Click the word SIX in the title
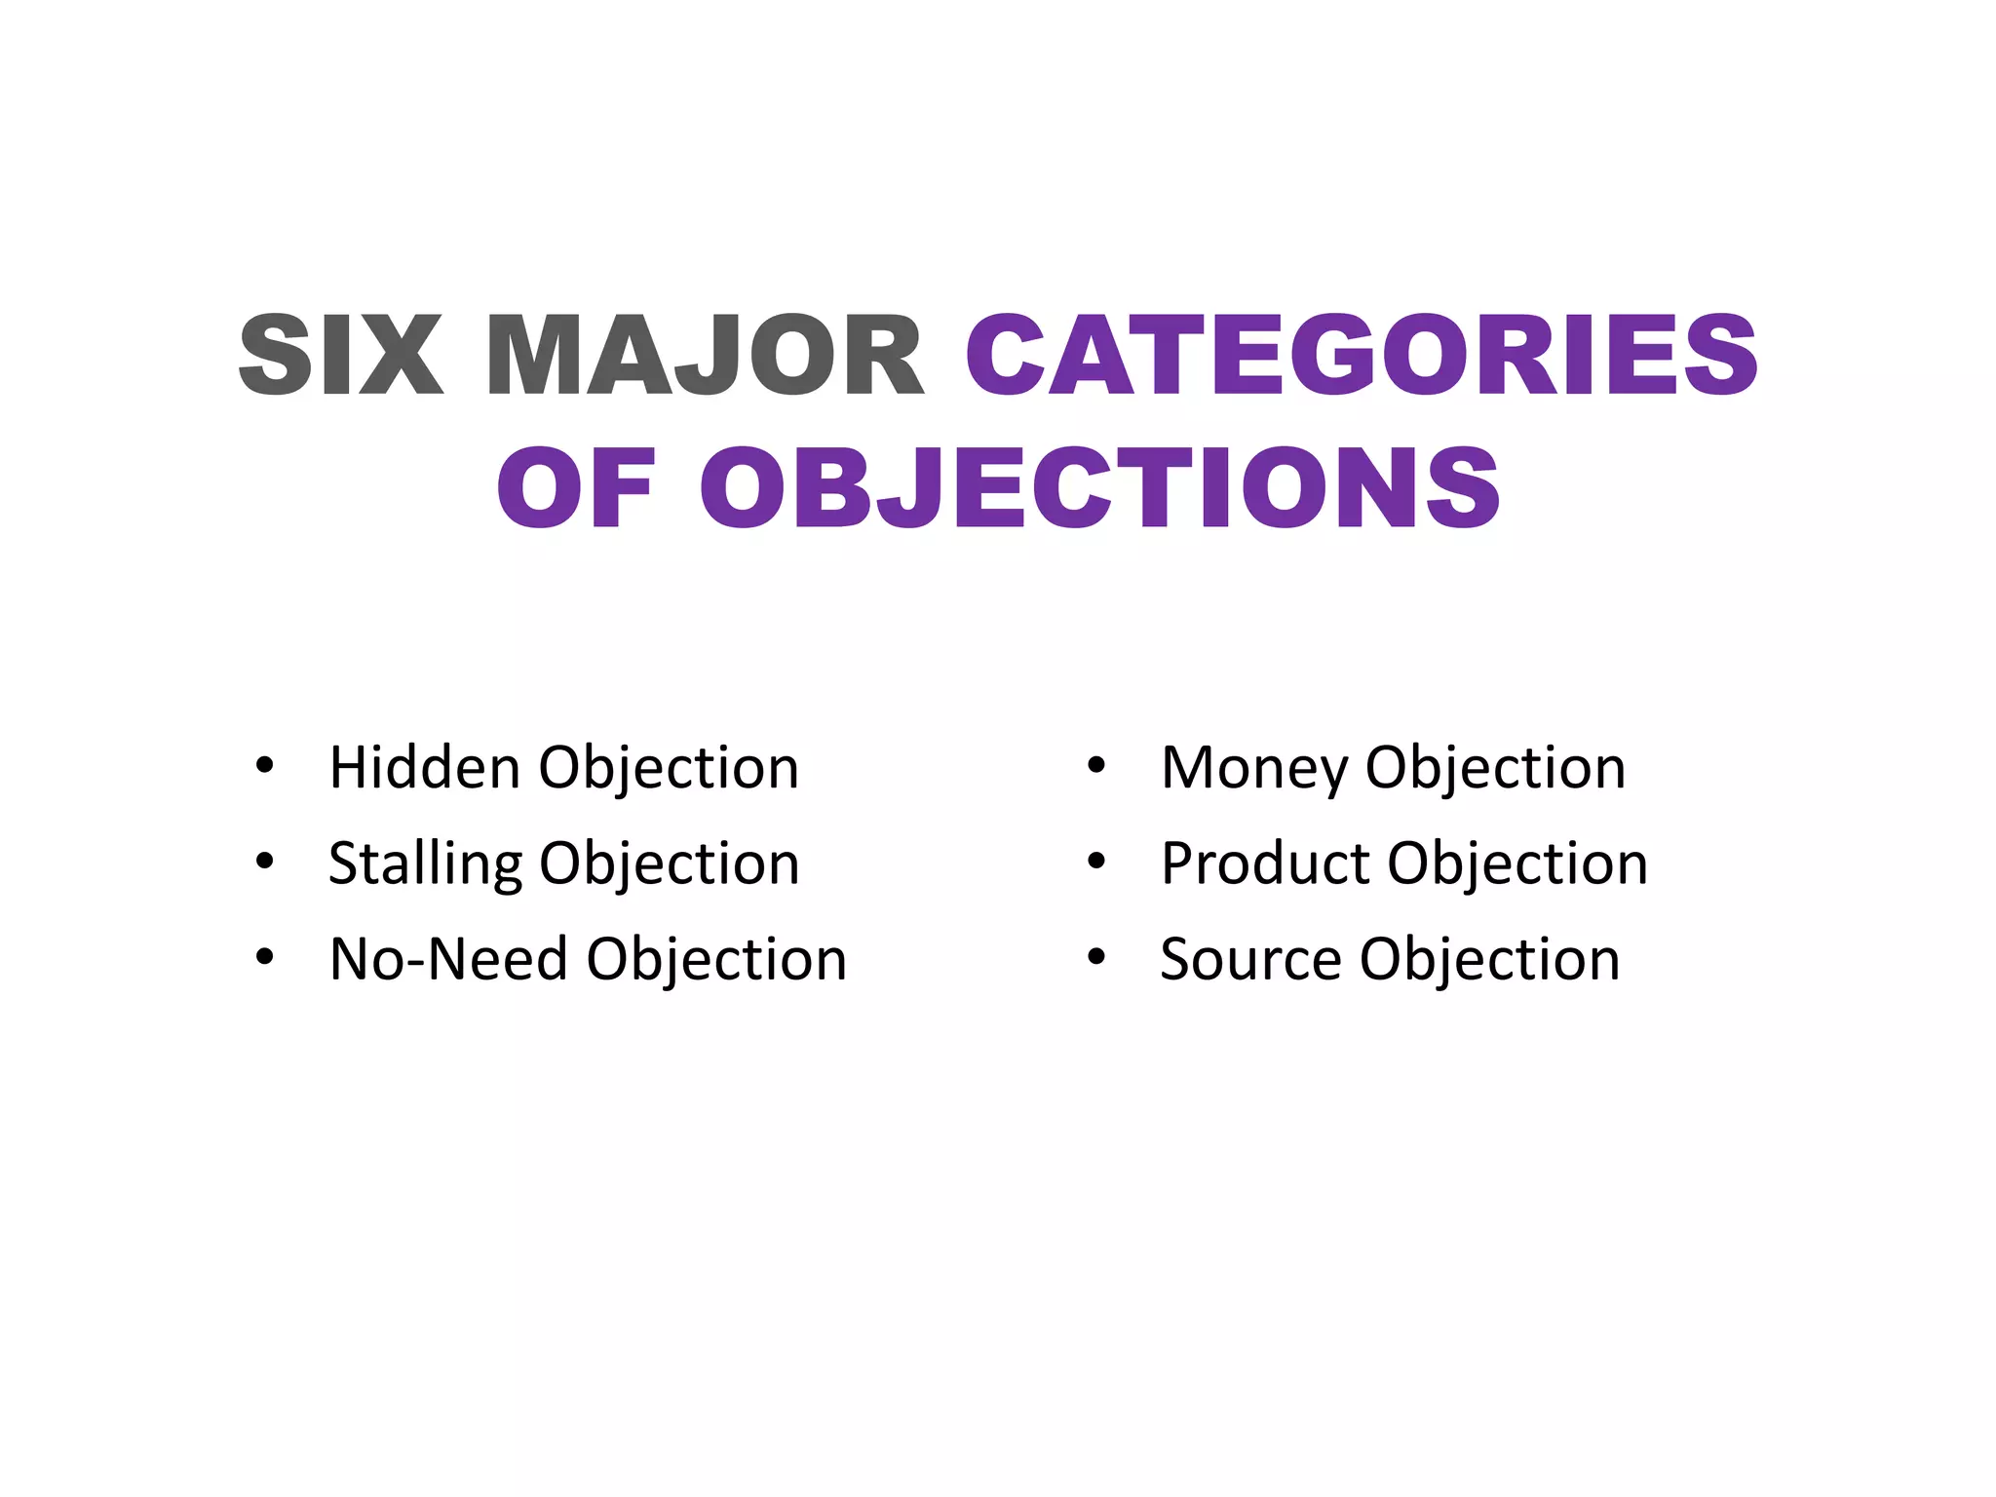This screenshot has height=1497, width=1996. [340, 356]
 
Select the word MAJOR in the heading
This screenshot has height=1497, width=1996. [704, 356]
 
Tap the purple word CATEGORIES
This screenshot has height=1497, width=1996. [1362, 356]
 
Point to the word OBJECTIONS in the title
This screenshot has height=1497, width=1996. [1099, 488]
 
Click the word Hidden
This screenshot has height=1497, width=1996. [425, 768]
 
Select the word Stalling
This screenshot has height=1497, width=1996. [425, 864]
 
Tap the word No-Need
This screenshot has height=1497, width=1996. [448, 959]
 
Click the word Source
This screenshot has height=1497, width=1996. [1251, 959]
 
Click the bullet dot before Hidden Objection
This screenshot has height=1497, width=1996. [264, 766]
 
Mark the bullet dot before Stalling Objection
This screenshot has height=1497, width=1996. [264, 862]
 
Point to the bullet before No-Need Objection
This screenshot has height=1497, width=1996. [264, 957]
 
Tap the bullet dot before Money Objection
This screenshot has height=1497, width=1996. [1096, 766]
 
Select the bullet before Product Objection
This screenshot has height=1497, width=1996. [1096, 862]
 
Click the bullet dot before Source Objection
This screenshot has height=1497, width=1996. [1096, 957]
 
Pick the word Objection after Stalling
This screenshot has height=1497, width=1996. [669, 865]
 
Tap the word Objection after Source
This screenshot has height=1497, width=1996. [1489, 961]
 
